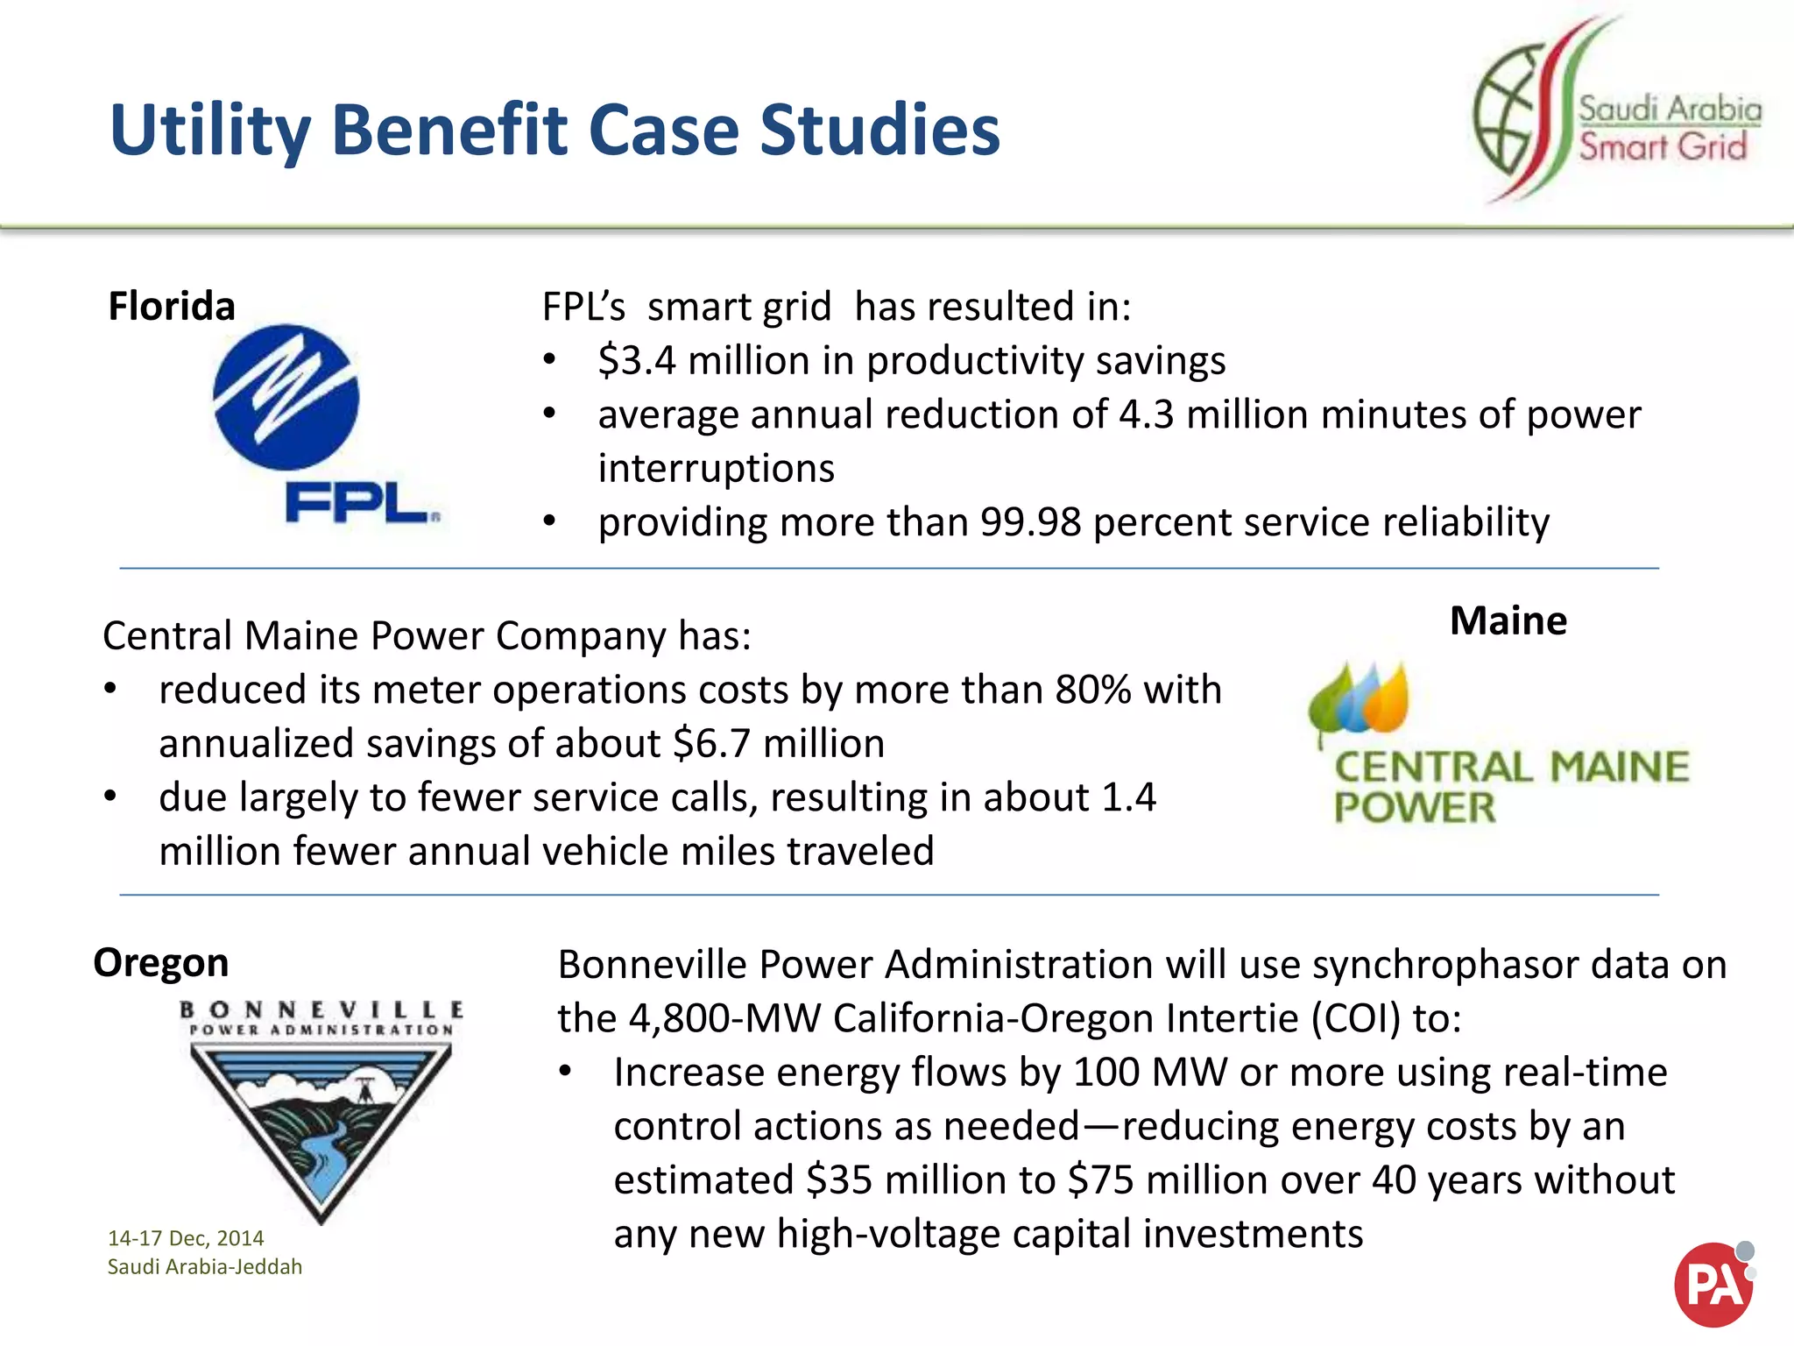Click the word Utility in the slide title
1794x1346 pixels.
[210, 131]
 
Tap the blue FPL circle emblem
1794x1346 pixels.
[286, 397]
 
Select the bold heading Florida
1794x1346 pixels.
[172, 307]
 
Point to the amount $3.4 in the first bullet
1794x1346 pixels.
[637, 361]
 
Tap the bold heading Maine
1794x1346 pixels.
[1508, 620]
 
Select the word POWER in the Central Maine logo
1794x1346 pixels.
[1414, 807]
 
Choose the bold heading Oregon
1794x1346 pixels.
[161, 962]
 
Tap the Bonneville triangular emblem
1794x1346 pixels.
[321, 1126]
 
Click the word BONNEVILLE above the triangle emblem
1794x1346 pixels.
[321, 1009]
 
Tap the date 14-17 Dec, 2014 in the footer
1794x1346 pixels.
[186, 1238]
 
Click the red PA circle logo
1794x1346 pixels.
[1713, 1284]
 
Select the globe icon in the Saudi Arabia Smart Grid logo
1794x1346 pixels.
[1505, 110]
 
